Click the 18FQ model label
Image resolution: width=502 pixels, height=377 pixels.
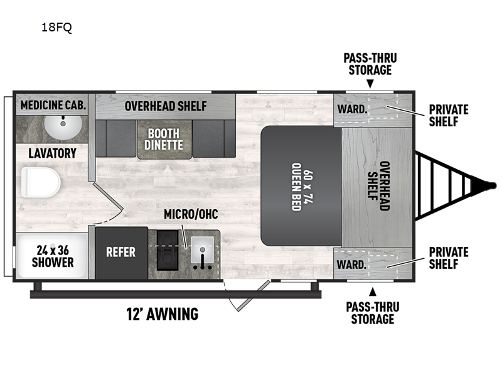tap(56, 28)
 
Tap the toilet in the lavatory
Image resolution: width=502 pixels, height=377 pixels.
tap(41, 183)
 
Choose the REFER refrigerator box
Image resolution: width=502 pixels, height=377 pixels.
tap(121, 252)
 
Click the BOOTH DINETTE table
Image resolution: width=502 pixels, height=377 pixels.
tap(165, 139)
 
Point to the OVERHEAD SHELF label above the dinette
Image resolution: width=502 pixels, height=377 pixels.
tap(166, 106)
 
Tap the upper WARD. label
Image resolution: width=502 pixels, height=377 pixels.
tap(352, 109)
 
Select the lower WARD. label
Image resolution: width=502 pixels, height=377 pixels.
tap(352, 265)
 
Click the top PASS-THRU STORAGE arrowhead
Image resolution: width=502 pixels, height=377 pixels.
tap(370, 84)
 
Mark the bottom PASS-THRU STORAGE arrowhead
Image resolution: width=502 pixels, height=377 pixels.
tap(373, 290)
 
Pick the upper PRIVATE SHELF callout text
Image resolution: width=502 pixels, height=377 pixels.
tap(448, 116)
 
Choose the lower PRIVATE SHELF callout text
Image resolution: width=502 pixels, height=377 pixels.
tap(448, 258)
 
